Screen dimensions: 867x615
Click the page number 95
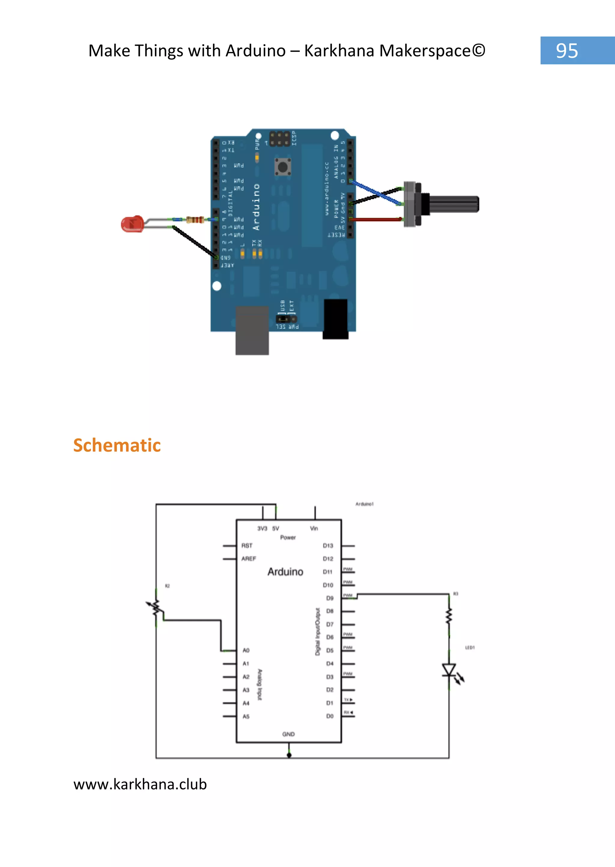pyautogui.click(x=567, y=51)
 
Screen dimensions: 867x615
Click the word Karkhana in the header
pyautogui.click(x=339, y=51)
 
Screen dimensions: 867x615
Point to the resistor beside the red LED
pyautogui.click(x=195, y=219)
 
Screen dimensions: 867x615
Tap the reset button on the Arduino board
pyautogui.click(x=283, y=167)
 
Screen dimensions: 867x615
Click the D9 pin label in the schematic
pyautogui.click(x=330, y=598)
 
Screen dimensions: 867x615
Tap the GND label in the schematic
pyautogui.click(x=288, y=734)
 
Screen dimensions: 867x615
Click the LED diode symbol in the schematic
pyautogui.click(x=449, y=669)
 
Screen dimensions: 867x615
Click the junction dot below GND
pyautogui.click(x=289, y=755)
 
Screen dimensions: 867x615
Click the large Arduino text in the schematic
pyautogui.click(x=285, y=572)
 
